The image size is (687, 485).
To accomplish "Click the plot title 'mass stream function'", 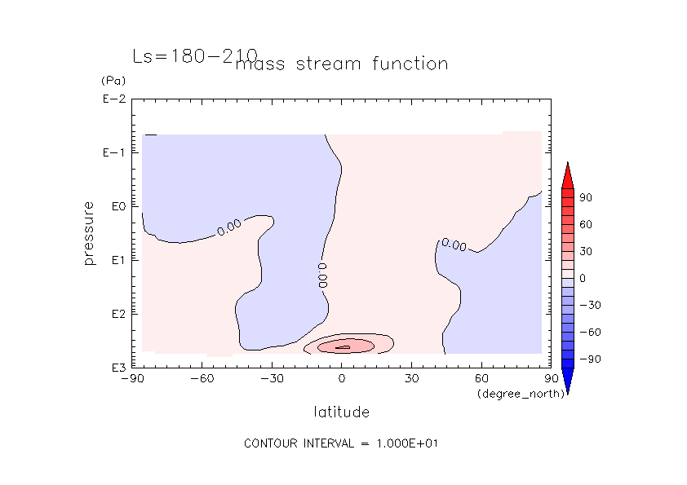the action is coord(342,64).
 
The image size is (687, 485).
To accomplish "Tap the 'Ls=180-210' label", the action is coord(195,56).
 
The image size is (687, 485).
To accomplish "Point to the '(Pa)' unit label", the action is coord(113,81).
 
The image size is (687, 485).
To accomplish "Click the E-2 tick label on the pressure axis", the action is coord(114,99).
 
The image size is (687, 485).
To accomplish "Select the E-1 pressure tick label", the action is coord(114,152).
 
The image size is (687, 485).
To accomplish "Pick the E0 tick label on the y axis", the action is coord(119,206).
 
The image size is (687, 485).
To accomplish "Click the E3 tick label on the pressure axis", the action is coord(119,368).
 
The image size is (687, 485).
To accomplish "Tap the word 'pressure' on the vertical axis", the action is coord(89,233).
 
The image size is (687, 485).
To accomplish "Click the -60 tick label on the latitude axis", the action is coord(202,379).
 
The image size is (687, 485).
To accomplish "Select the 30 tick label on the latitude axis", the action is coord(411,379).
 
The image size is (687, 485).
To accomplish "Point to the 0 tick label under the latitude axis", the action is coord(342,379).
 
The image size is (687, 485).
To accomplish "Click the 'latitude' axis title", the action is coord(341,412).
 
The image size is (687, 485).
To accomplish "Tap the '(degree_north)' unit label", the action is coord(521,394).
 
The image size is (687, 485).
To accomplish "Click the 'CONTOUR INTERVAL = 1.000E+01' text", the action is coord(341,443).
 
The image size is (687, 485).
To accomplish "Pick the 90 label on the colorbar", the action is coord(586,198).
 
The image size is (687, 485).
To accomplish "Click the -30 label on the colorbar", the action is coord(590,305).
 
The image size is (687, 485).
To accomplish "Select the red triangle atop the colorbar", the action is coord(568,176).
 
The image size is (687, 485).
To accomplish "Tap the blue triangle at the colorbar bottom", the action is coord(568,381).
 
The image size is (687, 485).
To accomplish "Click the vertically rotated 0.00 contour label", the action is coord(323,276).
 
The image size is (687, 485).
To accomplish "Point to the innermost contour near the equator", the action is coord(343,347).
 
